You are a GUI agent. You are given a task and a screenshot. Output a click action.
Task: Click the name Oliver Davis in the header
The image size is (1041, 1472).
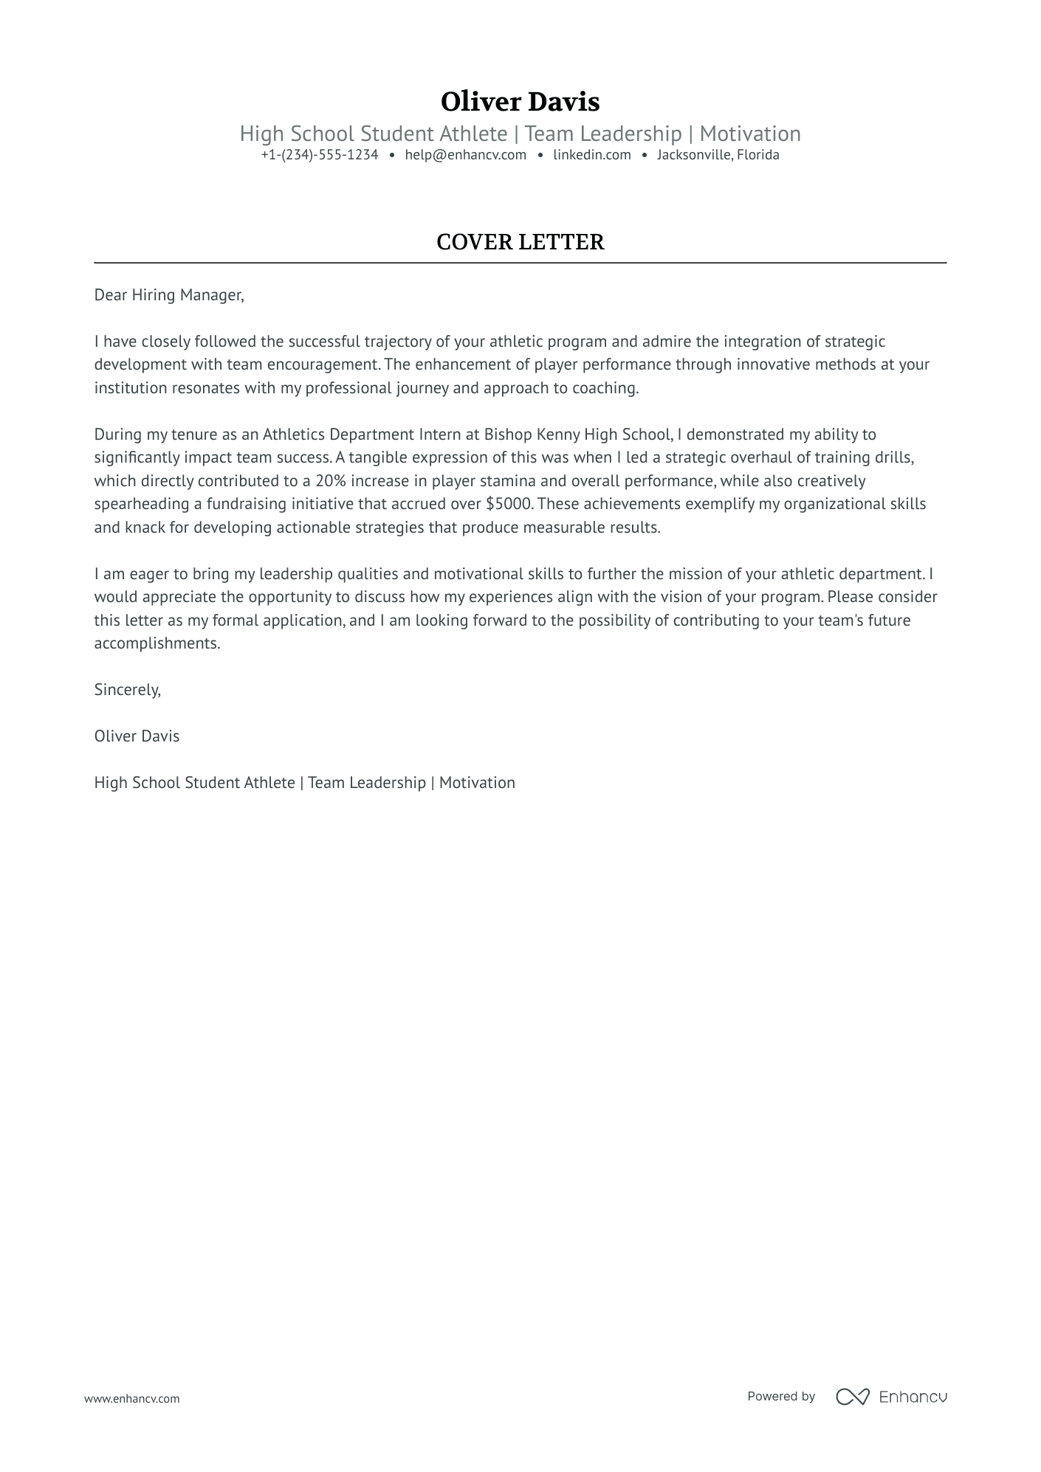coord(520,102)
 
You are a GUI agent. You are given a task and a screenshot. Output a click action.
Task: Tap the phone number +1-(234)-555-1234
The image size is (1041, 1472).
coord(319,155)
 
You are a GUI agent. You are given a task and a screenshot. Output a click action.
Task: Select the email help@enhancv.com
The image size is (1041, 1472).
coord(465,155)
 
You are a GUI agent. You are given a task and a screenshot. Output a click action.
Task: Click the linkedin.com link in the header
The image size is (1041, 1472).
coord(591,155)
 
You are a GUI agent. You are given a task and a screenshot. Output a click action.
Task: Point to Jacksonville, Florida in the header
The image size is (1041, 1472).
coord(718,155)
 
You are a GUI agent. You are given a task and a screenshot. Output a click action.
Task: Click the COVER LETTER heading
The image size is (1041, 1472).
coord(520,242)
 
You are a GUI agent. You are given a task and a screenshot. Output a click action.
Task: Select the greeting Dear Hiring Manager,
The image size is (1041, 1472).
coord(168,295)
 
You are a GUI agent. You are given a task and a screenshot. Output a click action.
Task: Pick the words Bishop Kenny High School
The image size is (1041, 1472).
coord(577,435)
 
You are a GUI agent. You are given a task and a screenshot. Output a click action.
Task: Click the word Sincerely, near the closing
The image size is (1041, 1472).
coord(127,690)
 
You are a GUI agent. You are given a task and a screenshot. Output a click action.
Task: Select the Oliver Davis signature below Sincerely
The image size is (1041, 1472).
coord(137,736)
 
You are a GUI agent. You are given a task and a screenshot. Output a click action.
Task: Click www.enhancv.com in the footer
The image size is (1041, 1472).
coord(131,1398)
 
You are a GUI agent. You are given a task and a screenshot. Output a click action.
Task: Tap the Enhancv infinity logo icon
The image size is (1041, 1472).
coord(852,1397)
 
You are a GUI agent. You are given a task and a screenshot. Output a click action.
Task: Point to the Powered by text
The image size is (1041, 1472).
coord(780,1396)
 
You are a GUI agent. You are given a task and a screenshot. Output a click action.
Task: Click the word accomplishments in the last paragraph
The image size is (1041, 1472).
coord(156,643)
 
